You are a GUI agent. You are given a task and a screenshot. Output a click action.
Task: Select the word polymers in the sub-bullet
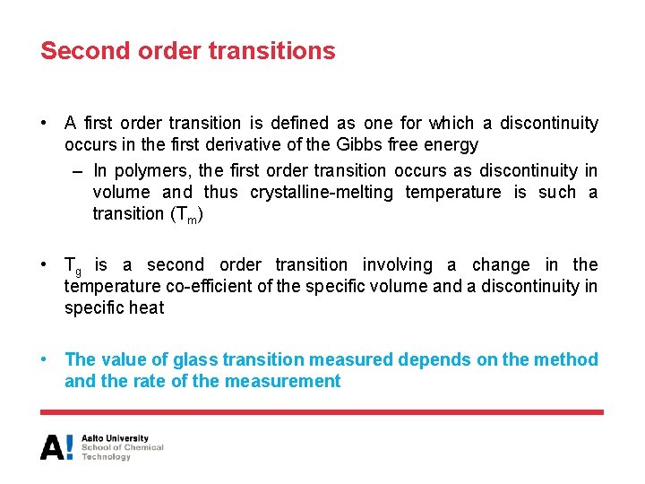tap(151, 170)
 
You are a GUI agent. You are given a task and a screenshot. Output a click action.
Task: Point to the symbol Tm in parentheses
tap(185, 215)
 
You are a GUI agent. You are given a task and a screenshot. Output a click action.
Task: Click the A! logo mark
tap(56, 447)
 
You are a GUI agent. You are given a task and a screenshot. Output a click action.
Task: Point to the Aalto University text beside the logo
tap(115, 438)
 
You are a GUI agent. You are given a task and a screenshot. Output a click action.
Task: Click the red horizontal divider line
tap(322, 412)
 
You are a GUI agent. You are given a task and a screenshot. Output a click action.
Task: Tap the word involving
tap(395, 265)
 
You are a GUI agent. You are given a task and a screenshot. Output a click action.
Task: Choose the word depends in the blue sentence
tap(427, 359)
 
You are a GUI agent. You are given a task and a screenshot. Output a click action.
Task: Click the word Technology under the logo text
tap(107, 457)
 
